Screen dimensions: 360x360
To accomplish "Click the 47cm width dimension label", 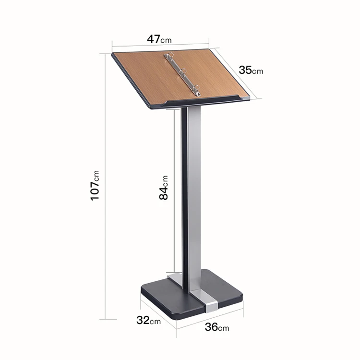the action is pos(159,39).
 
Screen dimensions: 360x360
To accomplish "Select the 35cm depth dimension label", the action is pos(251,70).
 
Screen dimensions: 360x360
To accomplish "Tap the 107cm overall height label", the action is pos(95,185).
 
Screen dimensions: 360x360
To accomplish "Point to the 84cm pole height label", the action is pos(164,188).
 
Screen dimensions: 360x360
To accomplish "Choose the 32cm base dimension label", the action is pos(148,320).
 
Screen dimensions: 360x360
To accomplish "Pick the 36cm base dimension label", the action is pos(217,327).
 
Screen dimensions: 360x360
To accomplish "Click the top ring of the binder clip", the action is pos(170,56).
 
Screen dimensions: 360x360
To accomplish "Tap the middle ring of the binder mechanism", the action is pos(183,72).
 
